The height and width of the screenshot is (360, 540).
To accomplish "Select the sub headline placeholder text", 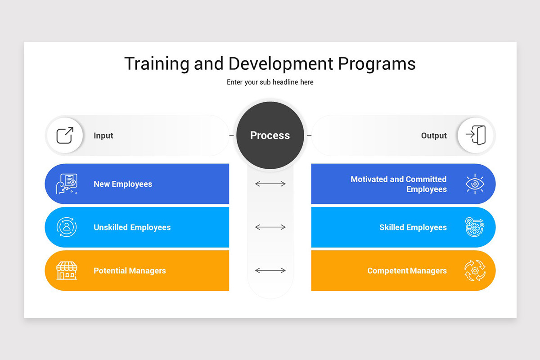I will click(x=270, y=82).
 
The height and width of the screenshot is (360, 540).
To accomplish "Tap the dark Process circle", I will click(x=270, y=135).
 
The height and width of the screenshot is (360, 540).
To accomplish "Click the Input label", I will click(x=103, y=135).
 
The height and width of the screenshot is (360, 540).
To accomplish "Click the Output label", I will click(x=434, y=135).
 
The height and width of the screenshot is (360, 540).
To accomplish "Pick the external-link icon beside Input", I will click(x=65, y=135).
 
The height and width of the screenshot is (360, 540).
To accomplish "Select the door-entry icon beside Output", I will click(x=476, y=135).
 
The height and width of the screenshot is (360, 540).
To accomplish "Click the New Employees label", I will click(x=123, y=184).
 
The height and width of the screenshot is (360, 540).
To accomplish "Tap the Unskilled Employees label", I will click(x=132, y=227).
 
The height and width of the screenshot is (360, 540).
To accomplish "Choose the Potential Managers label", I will click(x=130, y=270).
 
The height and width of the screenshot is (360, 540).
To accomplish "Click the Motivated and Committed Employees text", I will click(x=399, y=184).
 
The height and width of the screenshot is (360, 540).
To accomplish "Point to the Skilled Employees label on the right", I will click(x=413, y=227).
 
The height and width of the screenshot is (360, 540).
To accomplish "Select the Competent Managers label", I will click(x=407, y=270).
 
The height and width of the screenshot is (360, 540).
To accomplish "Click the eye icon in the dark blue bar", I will click(x=475, y=184).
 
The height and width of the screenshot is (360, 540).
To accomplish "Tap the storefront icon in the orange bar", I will click(x=67, y=270).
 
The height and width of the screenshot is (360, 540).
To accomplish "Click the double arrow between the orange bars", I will click(x=270, y=270).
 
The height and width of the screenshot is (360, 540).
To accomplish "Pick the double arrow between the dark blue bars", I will click(x=270, y=184).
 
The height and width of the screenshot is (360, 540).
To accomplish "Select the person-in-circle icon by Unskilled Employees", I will click(x=67, y=227).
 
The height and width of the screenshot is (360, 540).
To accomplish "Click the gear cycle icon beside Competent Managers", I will click(x=475, y=270).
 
